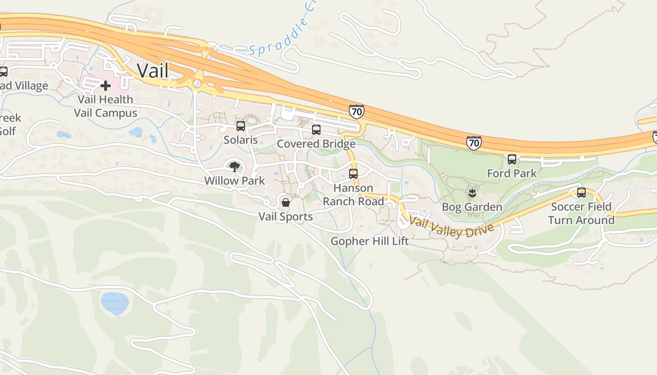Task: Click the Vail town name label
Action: pyautogui.click(x=153, y=71)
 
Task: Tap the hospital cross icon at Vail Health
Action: pyautogui.click(x=106, y=85)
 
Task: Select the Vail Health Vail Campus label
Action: pyautogui.click(x=106, y=106)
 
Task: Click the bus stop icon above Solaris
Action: pyautogui.click(x=241, y=126)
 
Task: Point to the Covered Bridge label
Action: pyautogui.click(x=316, y=143)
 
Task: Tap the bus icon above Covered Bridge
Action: pyautogui.click(x=316, y=130)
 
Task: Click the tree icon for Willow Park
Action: pyautogui.click(x=234, y=166)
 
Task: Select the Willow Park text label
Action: pyautogui.click(x=234, y=180)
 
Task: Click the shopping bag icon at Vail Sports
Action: pyautogui.click(x=285, y=203)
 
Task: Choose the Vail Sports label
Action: pyautogui.click(x=285, y=217)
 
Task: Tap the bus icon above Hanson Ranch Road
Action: pyautogui.click(x=353, y=174)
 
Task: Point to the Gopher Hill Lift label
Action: pyautogui.click(x=369, y=241)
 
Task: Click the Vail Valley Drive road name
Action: pyautogui.click(x=451, y=226)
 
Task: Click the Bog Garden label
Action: pyautogui.click(x=472, y=207)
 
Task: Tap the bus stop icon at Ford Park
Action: pyautogui.click(x=512, y=159)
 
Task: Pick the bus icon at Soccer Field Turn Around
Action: pyautogui.click(x=581, y=193)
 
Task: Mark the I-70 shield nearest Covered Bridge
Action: pyautogui.click(x=357, y=112)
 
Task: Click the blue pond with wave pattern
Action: pyautogui.click(x=115, y=303)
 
